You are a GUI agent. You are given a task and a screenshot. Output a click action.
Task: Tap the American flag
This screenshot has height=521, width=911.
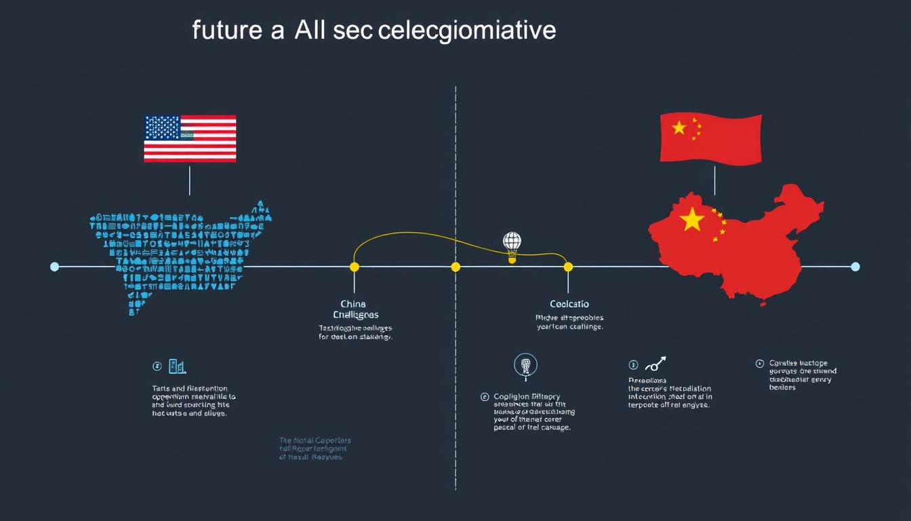(x=190, y=138)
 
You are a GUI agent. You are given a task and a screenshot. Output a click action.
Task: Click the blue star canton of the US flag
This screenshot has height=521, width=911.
(x=163, y=128)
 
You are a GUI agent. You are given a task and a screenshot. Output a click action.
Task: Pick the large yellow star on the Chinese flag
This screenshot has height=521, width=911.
(x=679, y=128)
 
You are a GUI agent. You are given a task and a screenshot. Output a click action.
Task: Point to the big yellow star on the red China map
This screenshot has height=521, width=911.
(x=692, y=219)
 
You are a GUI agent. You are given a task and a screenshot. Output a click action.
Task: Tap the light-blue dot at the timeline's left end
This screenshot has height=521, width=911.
(x=55, y=267)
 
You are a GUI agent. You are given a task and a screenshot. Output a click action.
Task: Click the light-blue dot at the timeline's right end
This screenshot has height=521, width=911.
(x=855, y=267)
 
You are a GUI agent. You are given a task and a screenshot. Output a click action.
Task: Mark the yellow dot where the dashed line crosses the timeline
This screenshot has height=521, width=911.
(x=455, y=267)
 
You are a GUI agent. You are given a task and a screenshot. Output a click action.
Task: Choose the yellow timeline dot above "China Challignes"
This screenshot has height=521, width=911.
(x=354, y=267)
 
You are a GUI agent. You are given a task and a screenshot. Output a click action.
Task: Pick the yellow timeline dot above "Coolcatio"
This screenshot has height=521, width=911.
(x=568, y=267)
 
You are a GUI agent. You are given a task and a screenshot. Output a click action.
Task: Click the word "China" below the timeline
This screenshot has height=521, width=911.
(x=352, y=304)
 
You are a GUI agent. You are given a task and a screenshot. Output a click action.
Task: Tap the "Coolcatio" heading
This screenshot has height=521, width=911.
(x=569, y=304)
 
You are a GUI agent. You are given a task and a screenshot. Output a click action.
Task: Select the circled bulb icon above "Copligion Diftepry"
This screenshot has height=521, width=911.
(x=525, y=365)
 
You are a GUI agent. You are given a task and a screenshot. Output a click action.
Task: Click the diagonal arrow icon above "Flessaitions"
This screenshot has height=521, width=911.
(x=655, y=364)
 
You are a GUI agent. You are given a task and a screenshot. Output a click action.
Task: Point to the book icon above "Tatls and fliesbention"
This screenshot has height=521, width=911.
(x=176, y=366)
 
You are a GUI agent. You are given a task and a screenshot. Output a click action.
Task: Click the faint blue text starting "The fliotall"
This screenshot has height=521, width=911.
(x=315, y=449)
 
